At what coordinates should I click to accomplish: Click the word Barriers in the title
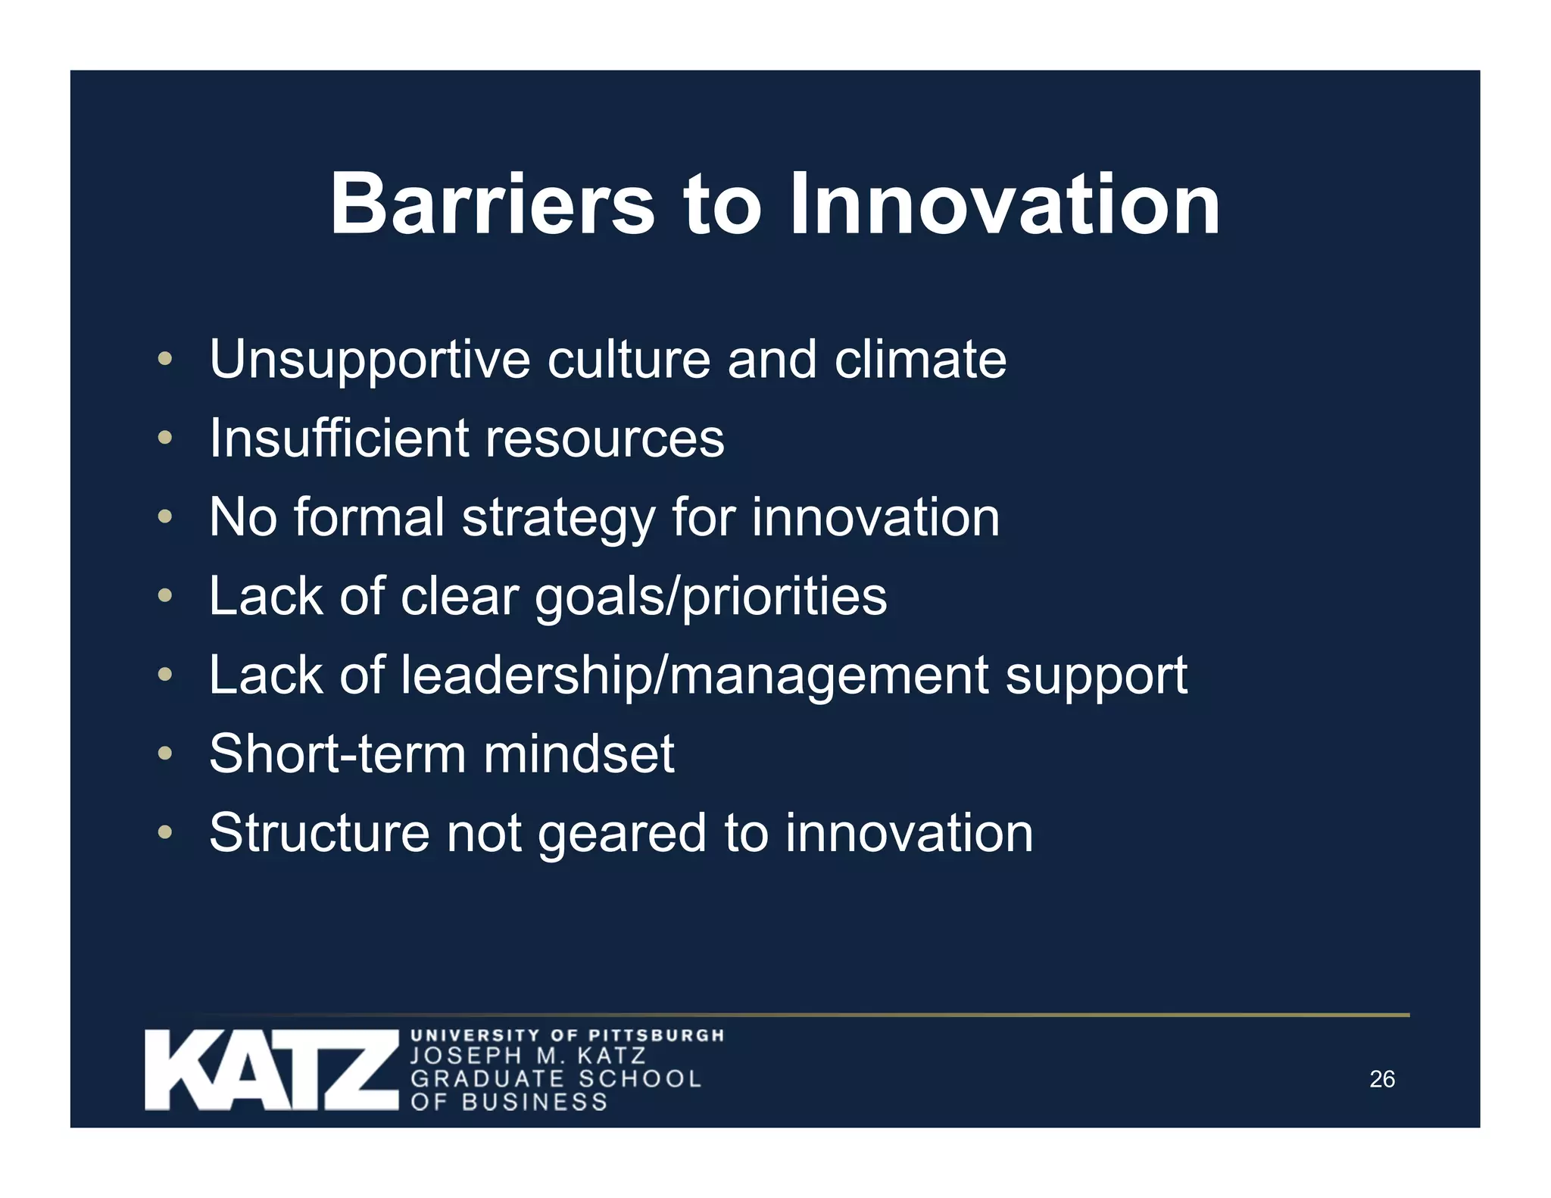click(492, 204)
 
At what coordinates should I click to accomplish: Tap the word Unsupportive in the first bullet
click(370, 360)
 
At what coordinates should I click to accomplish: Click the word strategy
click(558, 519)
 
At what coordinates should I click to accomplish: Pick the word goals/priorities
click(710, 597)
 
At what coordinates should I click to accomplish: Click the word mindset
click(579, 754)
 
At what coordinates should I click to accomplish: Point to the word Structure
click(319, 833)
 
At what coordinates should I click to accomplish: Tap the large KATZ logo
click(271, 1070)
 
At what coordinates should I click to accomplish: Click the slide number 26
click(1381, 1079)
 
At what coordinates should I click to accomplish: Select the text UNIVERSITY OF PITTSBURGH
click(567, 1035)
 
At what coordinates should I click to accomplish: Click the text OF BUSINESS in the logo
click(509, 1102)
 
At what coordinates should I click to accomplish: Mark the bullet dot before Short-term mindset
click(165, 753)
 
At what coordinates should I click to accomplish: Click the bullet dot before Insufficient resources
click(165, 438)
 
